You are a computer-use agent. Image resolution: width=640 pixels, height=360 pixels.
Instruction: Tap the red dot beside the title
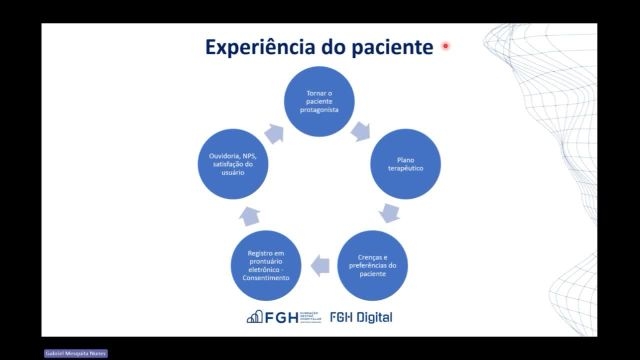445,46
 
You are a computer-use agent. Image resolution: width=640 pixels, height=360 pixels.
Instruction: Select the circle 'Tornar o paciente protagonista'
320,103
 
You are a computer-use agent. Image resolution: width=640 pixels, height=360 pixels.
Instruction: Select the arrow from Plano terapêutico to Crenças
390,213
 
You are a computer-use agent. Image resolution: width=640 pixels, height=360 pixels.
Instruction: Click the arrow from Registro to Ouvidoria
251,214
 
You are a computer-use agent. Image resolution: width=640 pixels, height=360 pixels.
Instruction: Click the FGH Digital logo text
361,317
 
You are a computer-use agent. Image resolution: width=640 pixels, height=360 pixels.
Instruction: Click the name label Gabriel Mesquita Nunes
75,353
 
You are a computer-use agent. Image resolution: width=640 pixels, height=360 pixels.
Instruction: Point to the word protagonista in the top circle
320,112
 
